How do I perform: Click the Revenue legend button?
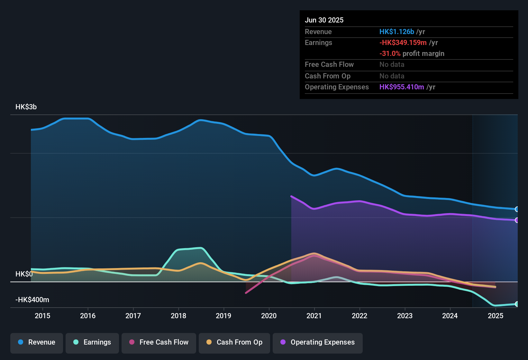click(x=37, y=342)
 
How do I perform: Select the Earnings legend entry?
click(x=92, y=342)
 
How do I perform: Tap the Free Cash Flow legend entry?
click(x=159, y=342)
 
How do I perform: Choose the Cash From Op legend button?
click(x=234, y=342)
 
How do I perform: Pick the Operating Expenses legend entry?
click(x=318, y=342)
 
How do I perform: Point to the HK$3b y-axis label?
click(x=26, y=107)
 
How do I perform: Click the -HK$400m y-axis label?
click(x=32, y=300)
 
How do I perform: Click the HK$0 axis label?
click(x=24, y=274)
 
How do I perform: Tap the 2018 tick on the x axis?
click(x=178, y=316)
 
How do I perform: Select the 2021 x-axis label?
click(x=314, y=316)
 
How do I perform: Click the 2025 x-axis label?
click(x=496, y=316)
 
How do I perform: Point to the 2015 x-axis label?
click(x=42, y=316)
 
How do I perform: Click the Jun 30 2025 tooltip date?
click(x=324, y=20)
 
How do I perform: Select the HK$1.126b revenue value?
click(x=396, y=32)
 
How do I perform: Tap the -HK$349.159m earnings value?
click(x=403, y=43)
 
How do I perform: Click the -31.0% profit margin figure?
click(x=390, y=54)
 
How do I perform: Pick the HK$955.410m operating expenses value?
click(x=402, y=87)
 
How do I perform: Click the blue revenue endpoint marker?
click(x=517, y=209)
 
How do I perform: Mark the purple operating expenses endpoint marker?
click(x=517, y=220)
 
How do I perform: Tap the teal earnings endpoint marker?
click(x=517, y=304)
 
